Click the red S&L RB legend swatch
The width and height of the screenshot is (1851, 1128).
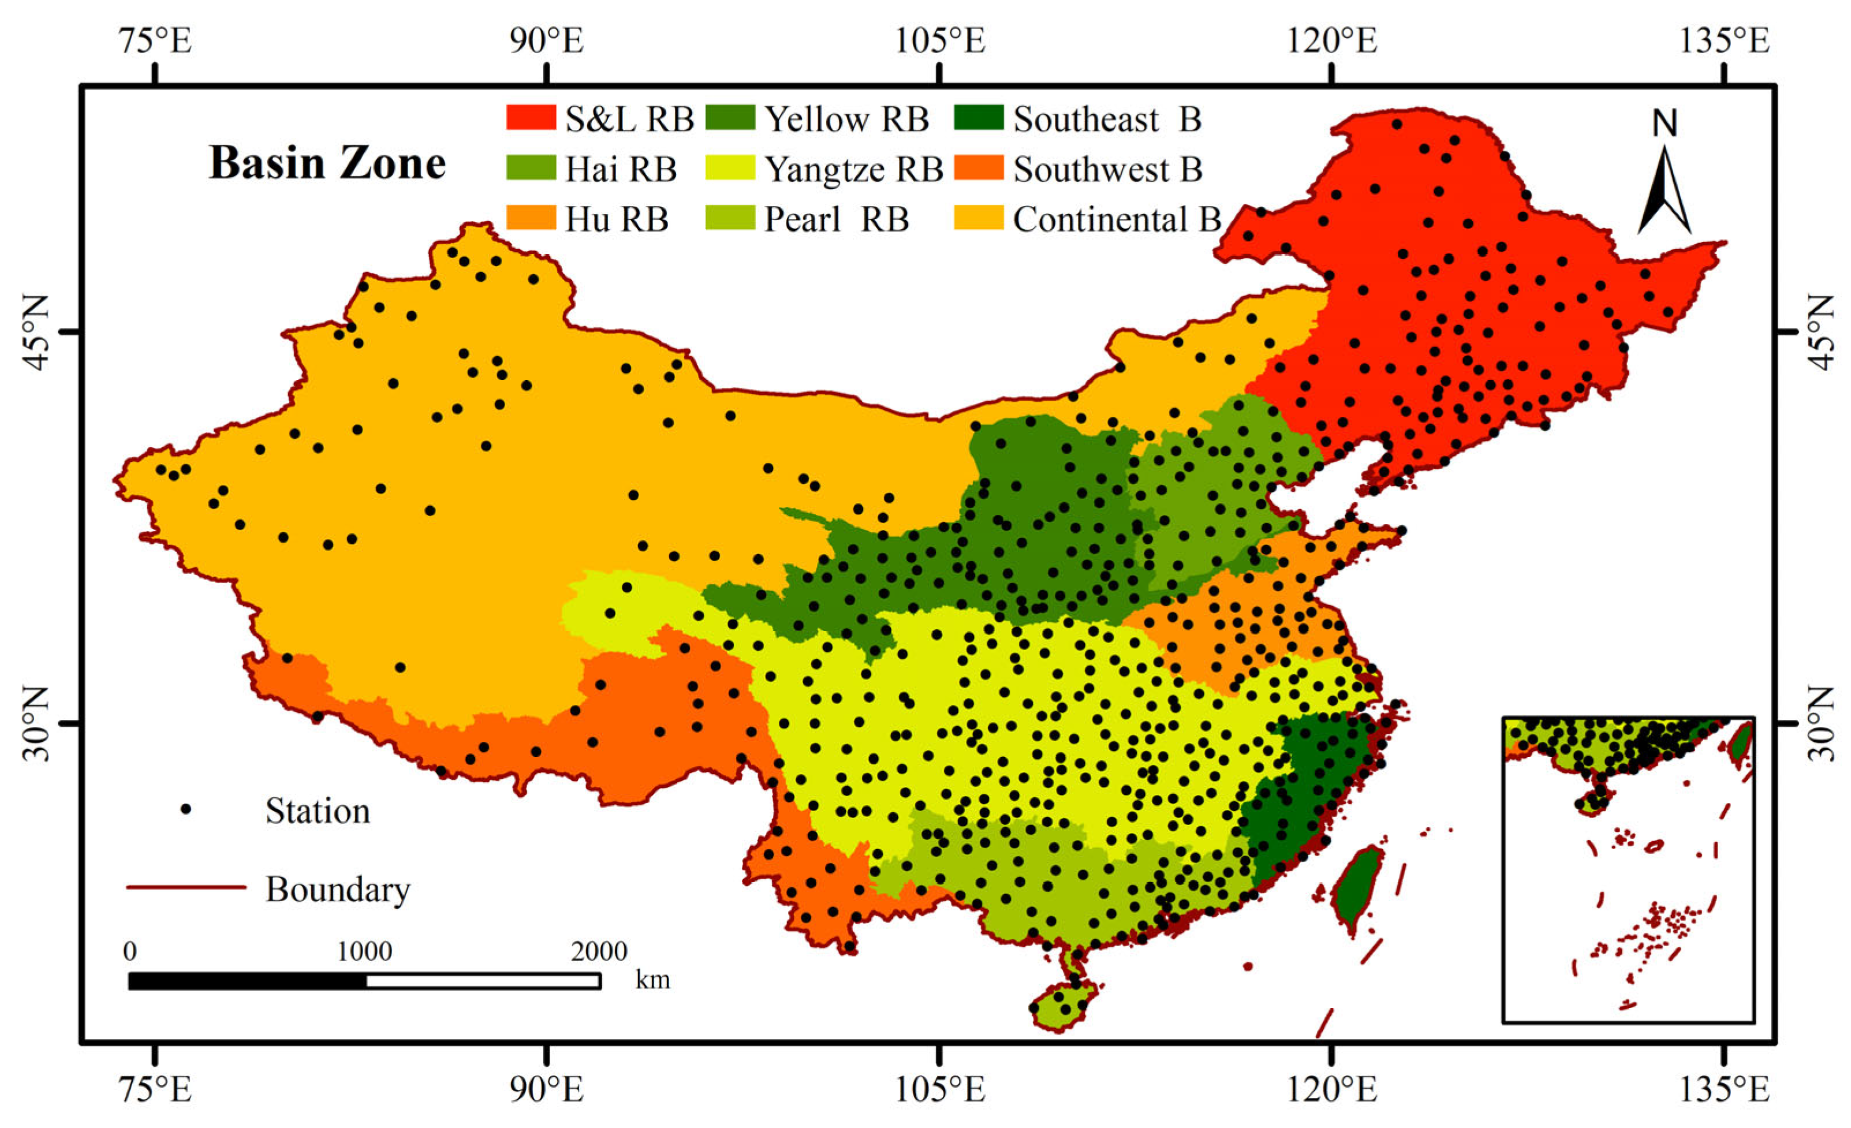531,118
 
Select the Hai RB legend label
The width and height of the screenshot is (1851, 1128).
621,170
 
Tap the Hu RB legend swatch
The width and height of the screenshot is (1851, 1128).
531,218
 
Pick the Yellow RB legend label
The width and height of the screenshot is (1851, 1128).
846,119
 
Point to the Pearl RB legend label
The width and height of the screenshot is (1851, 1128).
836,220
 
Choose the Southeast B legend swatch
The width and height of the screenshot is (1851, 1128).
979,118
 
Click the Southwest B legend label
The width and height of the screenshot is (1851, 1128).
1107,170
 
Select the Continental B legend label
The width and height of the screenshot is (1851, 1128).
1117,220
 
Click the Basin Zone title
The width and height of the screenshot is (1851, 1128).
327,163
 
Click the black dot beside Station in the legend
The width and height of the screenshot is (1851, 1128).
185,809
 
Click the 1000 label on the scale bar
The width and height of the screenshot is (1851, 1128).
364,951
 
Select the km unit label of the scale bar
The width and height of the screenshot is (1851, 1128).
652,980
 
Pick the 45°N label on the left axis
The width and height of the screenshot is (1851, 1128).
35,332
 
